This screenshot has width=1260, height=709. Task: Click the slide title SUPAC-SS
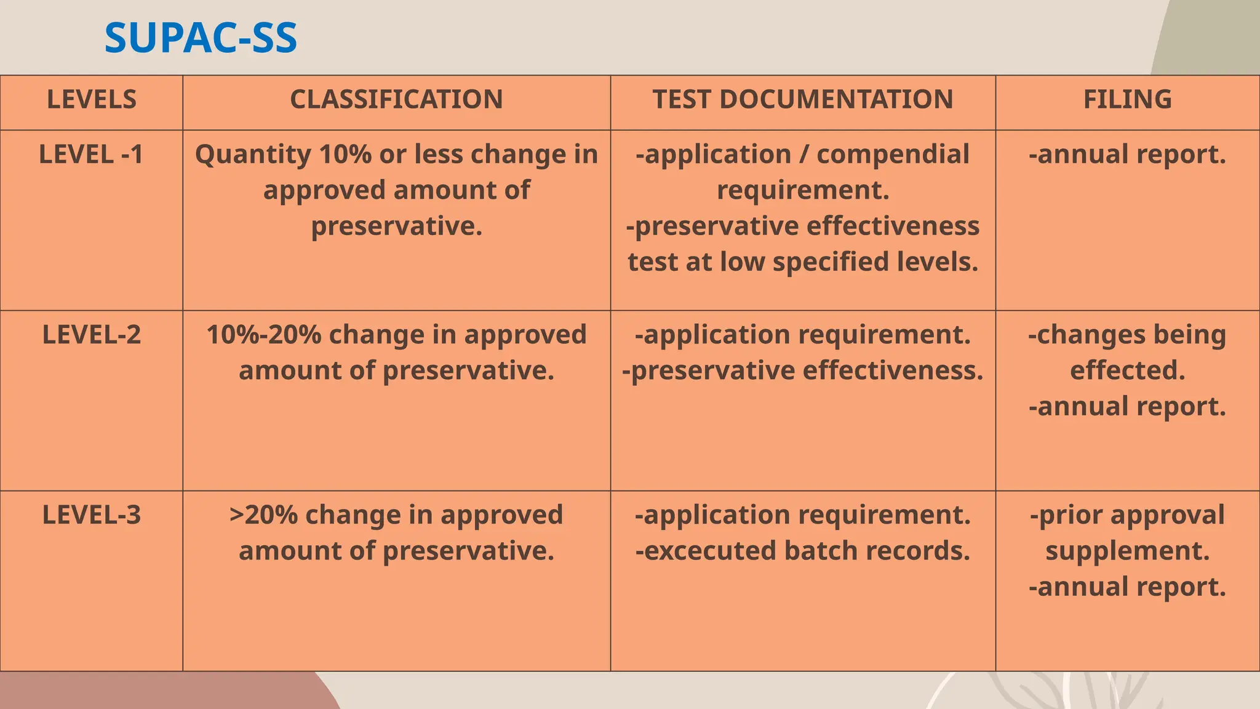[201, 38]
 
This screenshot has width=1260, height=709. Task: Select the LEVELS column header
[92, 100]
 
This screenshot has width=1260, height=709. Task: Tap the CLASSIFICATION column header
[396, 100]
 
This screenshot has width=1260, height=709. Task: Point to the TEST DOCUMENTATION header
[803, 100]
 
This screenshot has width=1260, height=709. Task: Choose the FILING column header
[1127, 100]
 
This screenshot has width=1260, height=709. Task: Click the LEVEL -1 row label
[91, 154]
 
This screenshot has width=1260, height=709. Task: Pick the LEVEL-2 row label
[92, 335]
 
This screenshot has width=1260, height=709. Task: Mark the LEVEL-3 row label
[92, 515]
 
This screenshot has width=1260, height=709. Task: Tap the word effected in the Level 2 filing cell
[1127, 371]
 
